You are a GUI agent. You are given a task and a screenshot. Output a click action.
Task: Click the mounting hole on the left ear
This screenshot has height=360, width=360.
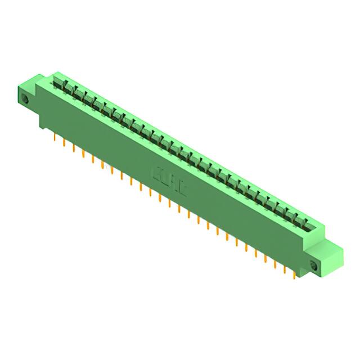point(25,100)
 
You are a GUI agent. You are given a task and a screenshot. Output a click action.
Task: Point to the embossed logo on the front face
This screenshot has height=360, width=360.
point(170,180)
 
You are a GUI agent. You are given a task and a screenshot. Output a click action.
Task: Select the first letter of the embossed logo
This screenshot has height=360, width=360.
point(158,173)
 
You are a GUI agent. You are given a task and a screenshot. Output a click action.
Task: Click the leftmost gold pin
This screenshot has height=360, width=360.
point(54,136)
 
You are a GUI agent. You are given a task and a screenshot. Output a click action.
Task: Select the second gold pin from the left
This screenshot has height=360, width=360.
point(64,141)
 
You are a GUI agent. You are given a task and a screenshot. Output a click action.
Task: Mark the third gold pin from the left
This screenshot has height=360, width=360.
point(73,147)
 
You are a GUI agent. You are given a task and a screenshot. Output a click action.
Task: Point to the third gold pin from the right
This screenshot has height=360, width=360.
point(275,263)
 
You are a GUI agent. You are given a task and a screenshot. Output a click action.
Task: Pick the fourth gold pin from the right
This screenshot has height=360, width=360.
point(265,258)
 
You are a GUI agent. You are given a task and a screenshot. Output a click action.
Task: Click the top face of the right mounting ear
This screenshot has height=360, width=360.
point(332,247)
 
